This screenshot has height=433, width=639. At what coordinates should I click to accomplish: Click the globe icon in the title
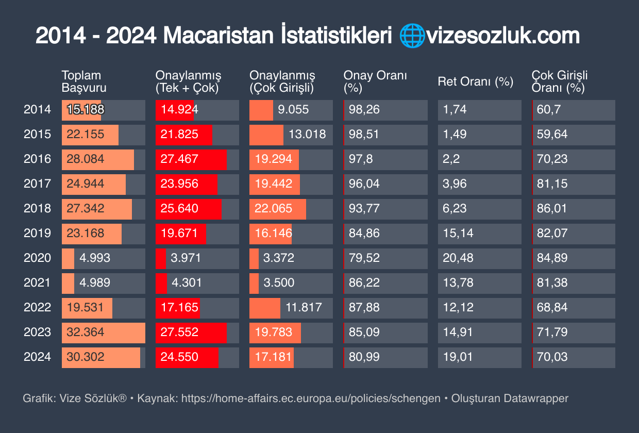point(411,36)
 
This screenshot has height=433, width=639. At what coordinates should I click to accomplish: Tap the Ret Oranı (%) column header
point(475,81)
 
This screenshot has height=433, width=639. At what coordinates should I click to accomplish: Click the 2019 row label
point(37,233)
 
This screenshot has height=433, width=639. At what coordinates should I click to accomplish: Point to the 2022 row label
point(37,307)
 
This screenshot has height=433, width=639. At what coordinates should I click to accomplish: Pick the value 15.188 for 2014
point(86,109)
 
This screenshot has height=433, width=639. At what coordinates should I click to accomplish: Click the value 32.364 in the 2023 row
point(86,332)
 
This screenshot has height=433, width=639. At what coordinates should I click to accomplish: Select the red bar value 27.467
point(179,159)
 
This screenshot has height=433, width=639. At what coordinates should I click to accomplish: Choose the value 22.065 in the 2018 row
point(274,208)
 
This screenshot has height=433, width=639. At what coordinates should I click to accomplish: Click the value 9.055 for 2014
point(293,109)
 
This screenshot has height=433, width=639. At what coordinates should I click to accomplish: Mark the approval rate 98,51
point(364,134)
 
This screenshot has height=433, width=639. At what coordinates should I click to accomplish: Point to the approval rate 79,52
point(364,258)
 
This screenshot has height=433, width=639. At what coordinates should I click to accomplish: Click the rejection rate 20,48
point(458,258)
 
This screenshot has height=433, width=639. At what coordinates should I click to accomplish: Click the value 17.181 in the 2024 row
point(274,357)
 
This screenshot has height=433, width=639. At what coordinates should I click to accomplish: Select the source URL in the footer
point(311,398)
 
